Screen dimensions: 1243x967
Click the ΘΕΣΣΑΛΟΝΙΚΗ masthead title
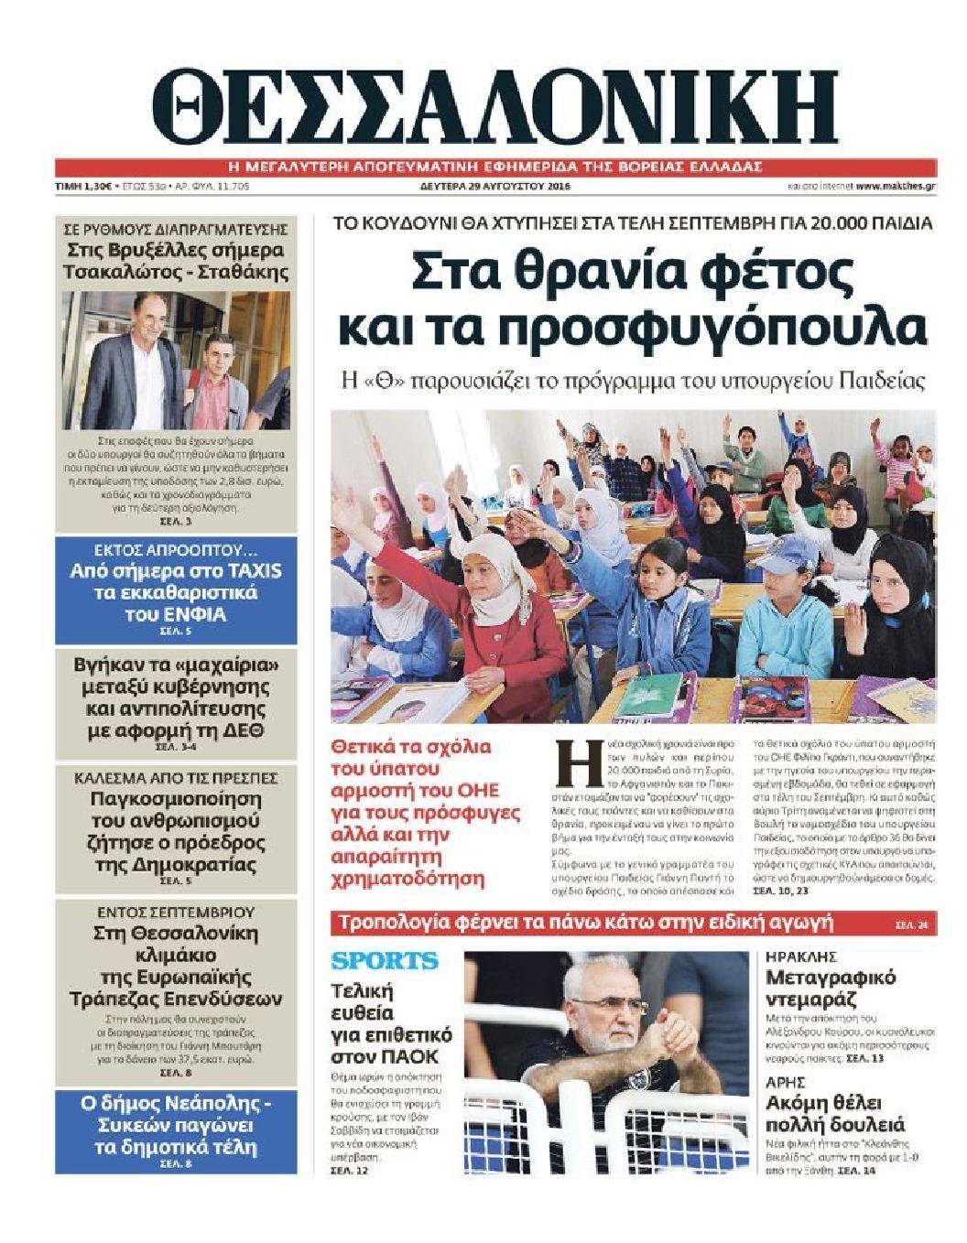(x=494, y=108)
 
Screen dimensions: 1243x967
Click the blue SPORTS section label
(x=385, y=961)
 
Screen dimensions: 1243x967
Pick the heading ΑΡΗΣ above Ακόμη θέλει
(x=785, y=1081)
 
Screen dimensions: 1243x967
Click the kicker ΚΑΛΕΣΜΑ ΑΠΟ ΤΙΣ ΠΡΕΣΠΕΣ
(x=177, y=778)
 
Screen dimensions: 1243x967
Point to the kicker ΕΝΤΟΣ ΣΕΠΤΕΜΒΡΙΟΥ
(x=177, y=913)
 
